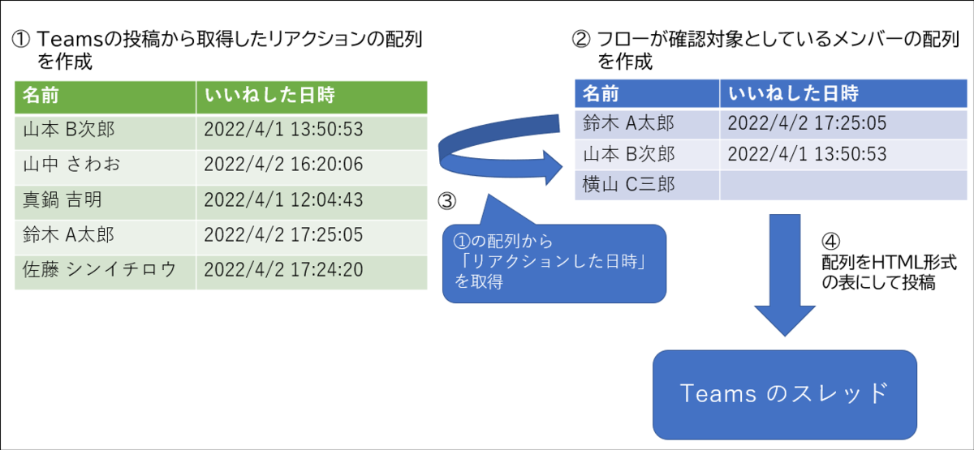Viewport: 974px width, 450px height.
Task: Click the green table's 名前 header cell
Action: [x=104, y=96]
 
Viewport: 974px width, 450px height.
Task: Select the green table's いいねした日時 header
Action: [x=311, y=96]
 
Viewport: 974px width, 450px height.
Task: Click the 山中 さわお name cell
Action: [x=104, y=165]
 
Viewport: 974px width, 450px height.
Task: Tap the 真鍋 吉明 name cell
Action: [x=104, y=199]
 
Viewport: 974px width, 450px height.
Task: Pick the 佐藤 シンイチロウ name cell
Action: [x=104, y=270]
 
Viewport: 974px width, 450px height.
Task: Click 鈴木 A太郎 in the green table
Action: [x=104, y=235]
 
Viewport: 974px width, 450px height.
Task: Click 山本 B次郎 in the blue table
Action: [x=646, y=154]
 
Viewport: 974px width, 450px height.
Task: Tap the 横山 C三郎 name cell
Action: [x=646, y=185]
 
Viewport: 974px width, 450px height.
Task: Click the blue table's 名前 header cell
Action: [x=646, y=92]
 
